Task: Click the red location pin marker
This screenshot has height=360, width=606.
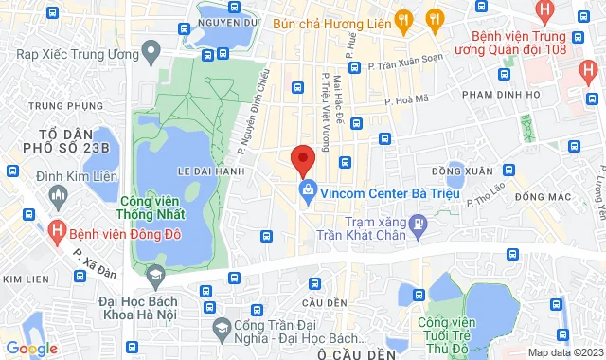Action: pyautogui.click(x=302, y=160)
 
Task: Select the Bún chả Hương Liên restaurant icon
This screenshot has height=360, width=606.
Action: pyautogui.click(x=403, y=18)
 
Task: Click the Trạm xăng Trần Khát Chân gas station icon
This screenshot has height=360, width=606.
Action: pyautogui.click(x=421, y=225)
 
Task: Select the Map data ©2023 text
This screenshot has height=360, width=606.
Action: pyautogui.click(x=565, y=352)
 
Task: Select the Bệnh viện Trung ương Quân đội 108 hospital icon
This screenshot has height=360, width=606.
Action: pyautogui.click(x=544, y=12)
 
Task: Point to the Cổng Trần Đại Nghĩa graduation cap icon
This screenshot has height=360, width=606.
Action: pyautogui.click(x=222, y=327)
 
